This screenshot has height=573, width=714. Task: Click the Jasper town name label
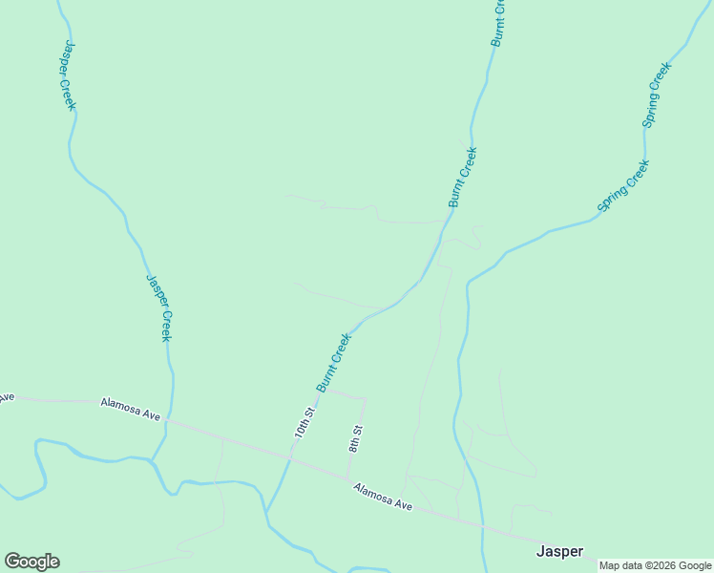pos(559,551)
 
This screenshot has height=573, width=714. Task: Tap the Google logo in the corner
pos(31,562)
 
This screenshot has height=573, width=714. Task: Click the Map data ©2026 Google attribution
pos(656,565)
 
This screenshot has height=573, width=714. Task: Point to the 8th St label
pos(355,439)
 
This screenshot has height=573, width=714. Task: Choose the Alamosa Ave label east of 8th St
pos(382,497)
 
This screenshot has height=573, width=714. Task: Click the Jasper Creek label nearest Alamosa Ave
pos(158,308)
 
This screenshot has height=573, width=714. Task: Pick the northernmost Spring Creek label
pos(657,95)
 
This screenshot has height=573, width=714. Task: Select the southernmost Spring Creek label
pos(623,185)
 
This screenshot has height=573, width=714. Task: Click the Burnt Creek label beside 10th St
pos(334,362)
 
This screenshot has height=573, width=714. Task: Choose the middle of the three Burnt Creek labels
pos(462,178)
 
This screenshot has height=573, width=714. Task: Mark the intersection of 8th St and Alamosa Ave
pos(346,477)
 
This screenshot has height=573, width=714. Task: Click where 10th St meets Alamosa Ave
pos(289,459)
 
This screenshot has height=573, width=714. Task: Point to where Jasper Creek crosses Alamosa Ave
pos(167,419)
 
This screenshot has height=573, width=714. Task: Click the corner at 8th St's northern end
pos(366,397)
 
